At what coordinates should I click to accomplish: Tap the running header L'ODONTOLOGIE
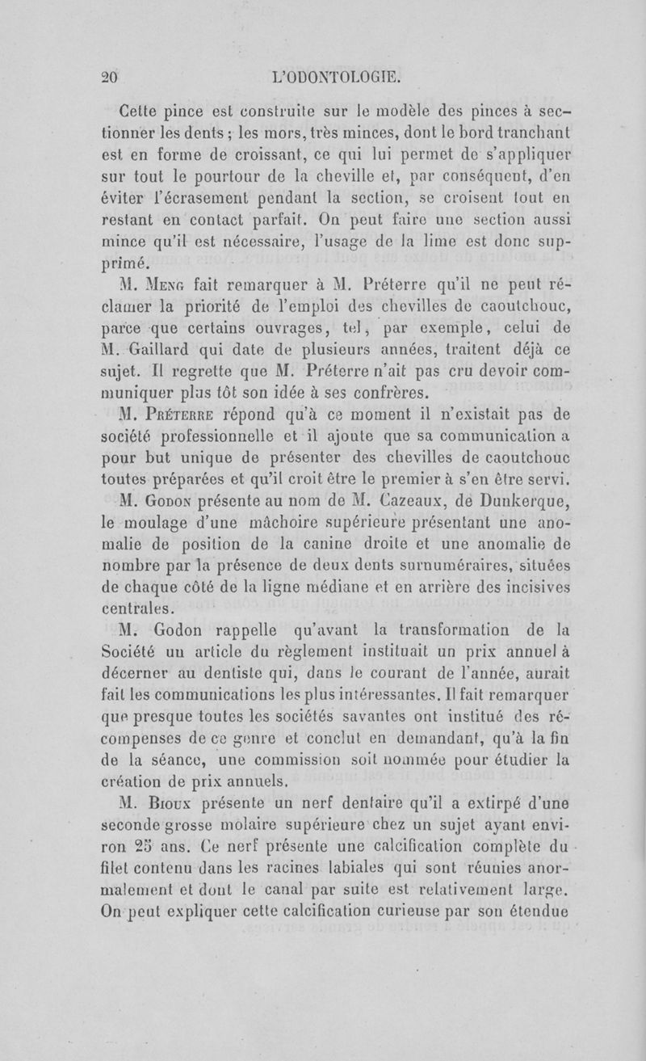pyautogui.click(x=337, y=78)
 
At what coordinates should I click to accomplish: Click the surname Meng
pyautogui.click(x=174, y=285)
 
